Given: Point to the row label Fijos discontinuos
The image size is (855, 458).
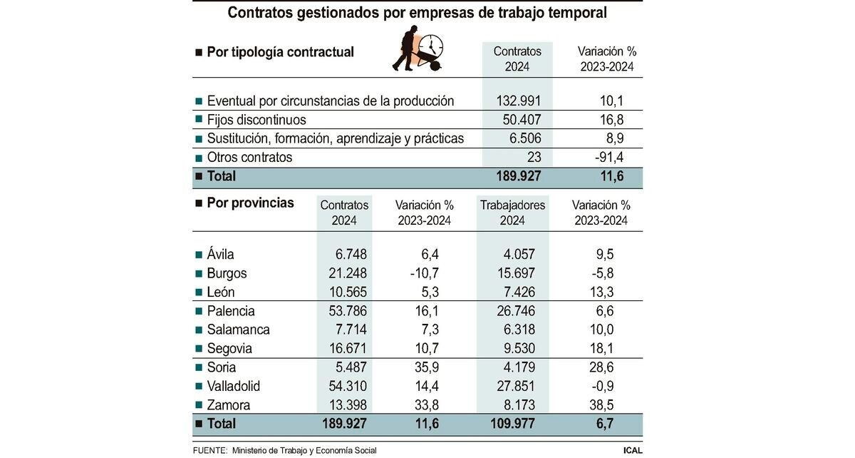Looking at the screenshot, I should [x=256, y=120].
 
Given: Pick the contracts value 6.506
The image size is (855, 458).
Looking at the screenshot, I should [x=524, y=138].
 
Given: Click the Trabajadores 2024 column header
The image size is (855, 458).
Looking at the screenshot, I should [x=512, y=213].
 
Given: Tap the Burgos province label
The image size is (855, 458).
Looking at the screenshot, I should [x=227, y=273].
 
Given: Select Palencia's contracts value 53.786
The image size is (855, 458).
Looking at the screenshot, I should [x=344, y=311].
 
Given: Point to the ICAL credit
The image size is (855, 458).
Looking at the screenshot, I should [x=632, y=450].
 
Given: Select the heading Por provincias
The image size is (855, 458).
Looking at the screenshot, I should [x=249, y=203].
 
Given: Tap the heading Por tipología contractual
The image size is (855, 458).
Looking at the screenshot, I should [x=279, y=52].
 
